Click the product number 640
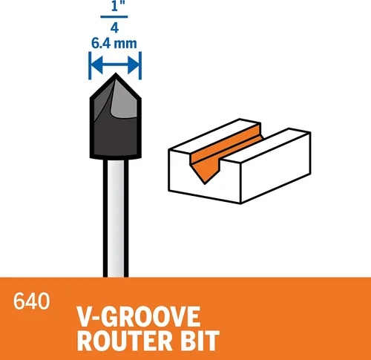pos(31,301)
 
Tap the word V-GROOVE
pos(139,317)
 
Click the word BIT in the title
pos(200,341)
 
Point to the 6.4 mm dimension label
pos(114,43)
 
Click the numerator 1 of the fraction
pos(114,6)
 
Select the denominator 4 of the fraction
pos(114,27)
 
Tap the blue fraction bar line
pos(114,17)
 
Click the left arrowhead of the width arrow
pos(97,65)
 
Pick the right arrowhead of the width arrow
pos(134,65)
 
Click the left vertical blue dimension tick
pos(90,65)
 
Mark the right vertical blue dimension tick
pos(140,65)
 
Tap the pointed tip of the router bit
pos(116,73)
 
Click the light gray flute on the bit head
pos(125,104)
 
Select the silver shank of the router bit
pos(116,217)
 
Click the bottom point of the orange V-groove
pos(205,183)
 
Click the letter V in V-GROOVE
pos(84,317)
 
